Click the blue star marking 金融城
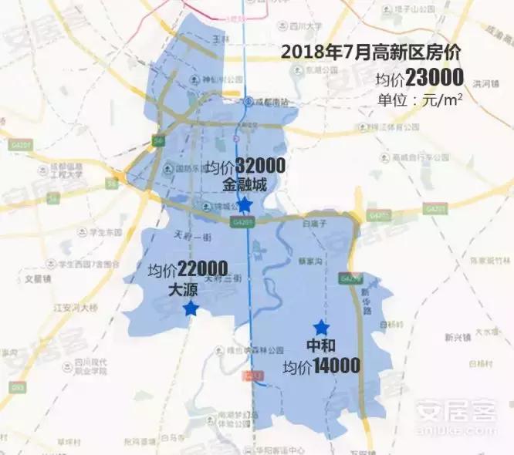pos(244,204)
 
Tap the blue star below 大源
pos(190,308)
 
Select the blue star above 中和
pos(321,328)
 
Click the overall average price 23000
pos(435,79)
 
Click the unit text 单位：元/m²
pos(419,100)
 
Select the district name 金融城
pos(244,185)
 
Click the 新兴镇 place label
pos(459,337)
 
